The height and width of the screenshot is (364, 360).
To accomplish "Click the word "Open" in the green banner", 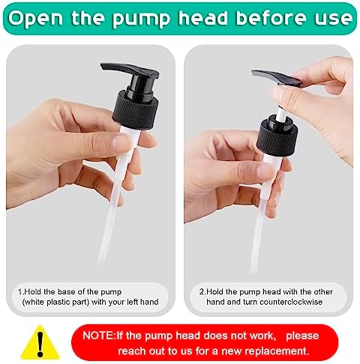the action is pyautogui.click(x=35, y=19).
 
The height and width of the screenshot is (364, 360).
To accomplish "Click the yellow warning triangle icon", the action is pyautogui.click(x=40, y=342).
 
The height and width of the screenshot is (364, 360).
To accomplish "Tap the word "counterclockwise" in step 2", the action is pyautogui.click(x=291, y=302).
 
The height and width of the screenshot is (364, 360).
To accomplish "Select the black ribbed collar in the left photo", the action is pyautogui.click(x=136, y=109).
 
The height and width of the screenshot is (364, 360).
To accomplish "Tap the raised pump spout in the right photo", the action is pyautogui.click(x=276, y=78).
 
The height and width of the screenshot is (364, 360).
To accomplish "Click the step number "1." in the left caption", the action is pyautogui.click(x=21, y=292).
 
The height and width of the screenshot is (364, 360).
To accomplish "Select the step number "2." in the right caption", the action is pyautogui.click(x=202, y=292).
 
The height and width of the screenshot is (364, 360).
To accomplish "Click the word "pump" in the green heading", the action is pyautogui.click(x=141, y=19).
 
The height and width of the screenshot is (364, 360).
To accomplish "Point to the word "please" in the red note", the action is pyautogui.click(x=302, y=336).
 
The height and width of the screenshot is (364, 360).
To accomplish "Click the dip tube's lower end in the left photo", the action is pyautogui.click(x=100, y=260).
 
